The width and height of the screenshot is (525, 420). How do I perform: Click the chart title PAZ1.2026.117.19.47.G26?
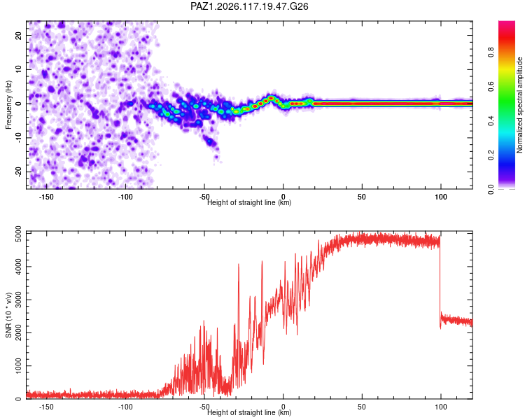(249, 6)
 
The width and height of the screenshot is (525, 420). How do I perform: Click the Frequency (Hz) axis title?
(8, 105)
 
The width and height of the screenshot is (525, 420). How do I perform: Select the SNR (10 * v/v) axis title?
(8, 315)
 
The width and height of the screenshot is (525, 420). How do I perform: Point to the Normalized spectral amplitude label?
(519, 105)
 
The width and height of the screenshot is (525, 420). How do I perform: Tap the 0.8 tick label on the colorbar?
(491, 52)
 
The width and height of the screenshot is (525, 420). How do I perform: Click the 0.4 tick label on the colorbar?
(491, 121)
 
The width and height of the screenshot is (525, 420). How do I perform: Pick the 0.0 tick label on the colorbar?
(491, 190)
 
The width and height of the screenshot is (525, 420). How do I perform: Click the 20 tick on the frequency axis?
(18, 35)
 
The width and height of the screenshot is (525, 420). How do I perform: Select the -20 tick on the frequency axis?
(18, 171)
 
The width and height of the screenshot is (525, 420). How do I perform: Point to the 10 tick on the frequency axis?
(18, 69)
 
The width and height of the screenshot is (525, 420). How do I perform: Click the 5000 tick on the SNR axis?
(18, 234)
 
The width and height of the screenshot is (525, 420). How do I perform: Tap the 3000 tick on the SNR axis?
(18, 300)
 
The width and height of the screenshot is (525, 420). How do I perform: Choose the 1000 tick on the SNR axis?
(18, 365)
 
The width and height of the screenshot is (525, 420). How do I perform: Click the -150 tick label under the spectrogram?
(46, 197)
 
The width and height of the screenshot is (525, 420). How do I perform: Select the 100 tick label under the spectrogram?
(440, 197)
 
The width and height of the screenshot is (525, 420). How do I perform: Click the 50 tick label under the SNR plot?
(362, 407)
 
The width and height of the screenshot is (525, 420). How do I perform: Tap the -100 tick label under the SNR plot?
(125, 407)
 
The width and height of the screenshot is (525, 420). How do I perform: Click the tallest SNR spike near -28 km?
(239, 265)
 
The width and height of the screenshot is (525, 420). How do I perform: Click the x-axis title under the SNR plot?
(249, 412)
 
